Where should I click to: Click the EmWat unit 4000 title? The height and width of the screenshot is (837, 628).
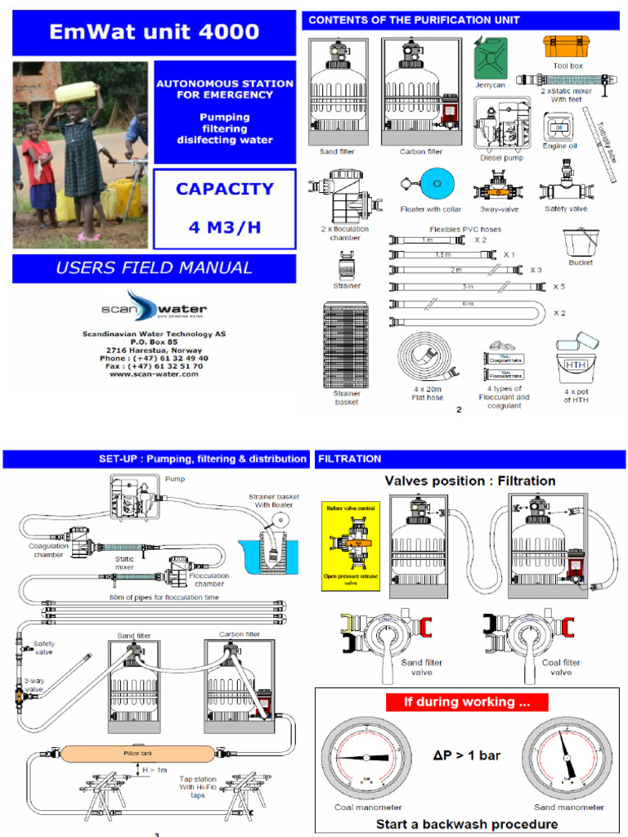point(154,33)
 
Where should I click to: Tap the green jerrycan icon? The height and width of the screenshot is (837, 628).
point(491,57)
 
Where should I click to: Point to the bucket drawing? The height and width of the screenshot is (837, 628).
point(579,243)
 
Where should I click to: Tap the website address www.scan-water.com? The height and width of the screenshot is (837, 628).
point(154,374)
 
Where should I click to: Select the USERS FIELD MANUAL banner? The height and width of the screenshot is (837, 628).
point(154,267)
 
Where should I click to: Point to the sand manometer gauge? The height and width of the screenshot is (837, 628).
point(567,756)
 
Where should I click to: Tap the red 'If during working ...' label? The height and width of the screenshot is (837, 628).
point(466,701)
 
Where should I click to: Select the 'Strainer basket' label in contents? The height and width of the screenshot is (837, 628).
point(347,397)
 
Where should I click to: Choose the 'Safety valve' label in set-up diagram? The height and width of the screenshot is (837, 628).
point(44,647)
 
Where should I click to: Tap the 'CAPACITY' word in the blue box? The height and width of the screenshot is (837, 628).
point(225,190)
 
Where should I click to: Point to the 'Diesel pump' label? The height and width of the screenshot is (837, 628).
point(501,157)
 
